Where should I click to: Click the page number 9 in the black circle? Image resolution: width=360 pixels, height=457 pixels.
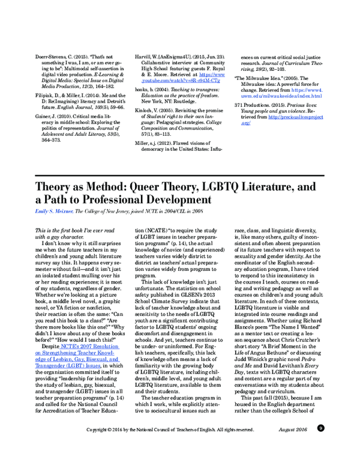pos(321,445)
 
